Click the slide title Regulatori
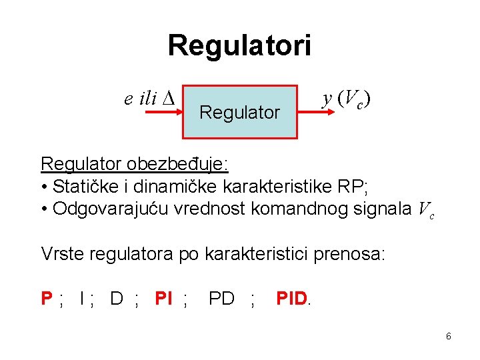239,46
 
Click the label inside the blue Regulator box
239,113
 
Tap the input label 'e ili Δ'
149,99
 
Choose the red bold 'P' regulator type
47,298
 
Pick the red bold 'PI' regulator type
163,298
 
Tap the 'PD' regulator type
221,298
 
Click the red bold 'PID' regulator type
291,298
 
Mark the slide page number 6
449,337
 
